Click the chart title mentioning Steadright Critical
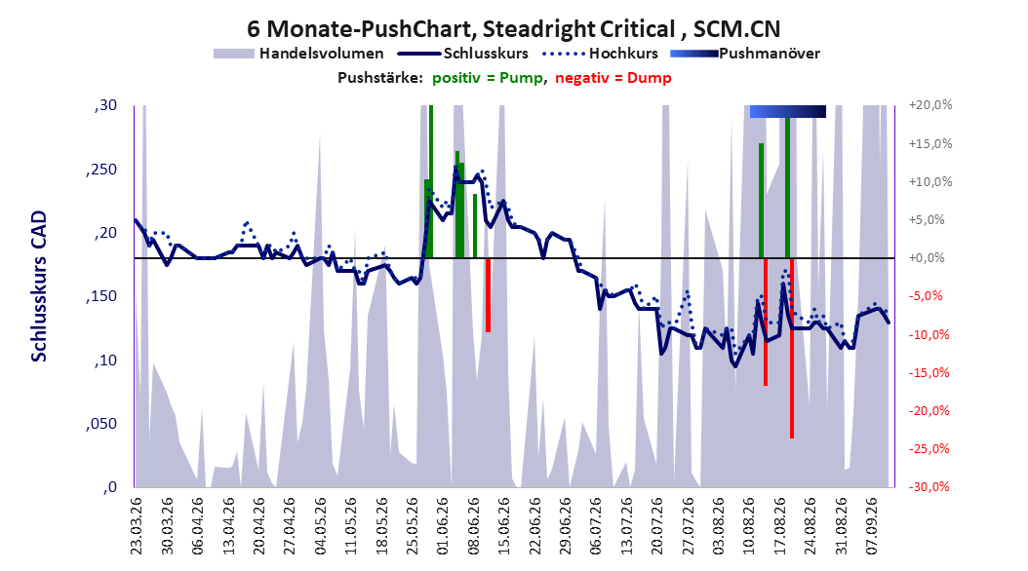tap(513, 29)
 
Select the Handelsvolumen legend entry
tap(298, 54)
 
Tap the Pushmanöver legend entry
tap(745, 54)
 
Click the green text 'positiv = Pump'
tap(488, 78)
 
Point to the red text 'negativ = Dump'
tap(613, 78)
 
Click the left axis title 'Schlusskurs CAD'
tap(39, 285)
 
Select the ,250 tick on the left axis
tap(101, 170)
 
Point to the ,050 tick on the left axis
tap(101, 424)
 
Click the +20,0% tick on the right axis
tap(930, 105)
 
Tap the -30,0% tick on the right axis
tap(929, 486)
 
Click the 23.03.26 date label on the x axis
tap(137, 526)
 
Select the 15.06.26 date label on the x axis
tap(503, 526)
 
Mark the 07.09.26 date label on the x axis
tap(871, 526)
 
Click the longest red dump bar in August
tap(792, 349)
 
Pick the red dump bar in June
tap(488, 295)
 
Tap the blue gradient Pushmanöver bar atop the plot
tap(787, 111)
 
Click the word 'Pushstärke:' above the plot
tap(379, 78)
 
